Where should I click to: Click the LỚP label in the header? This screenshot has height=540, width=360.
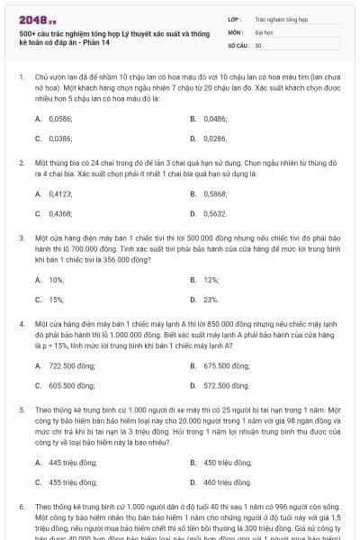coord(233,18)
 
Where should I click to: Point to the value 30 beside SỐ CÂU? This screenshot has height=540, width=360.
coord(258,44)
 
